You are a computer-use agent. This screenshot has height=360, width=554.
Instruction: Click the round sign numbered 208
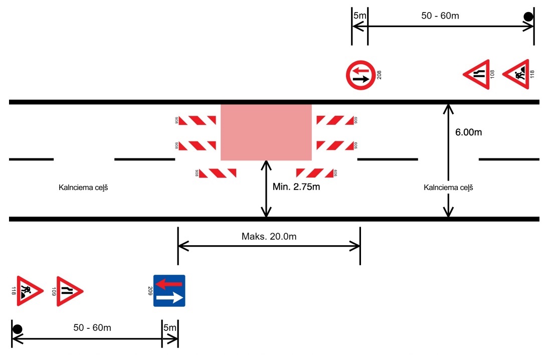tap(360, 75)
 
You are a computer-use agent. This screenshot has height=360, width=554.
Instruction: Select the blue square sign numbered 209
tap(169, 291)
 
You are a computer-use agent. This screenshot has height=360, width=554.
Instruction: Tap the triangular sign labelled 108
tap(476, 75)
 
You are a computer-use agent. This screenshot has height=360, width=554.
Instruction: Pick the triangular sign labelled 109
tap(69, 291)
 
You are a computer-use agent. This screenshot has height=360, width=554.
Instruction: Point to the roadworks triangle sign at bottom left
tap(29, 291)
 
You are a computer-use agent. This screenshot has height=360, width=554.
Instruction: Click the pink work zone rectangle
tap(266, 132)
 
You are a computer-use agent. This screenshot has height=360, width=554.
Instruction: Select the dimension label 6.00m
tap(469, 133)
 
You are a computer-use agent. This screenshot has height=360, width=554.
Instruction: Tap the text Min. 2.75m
tap(296, 187)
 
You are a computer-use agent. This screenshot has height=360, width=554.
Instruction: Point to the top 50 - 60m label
tap(440, 16)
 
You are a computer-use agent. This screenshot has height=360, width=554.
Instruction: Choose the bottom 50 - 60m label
tap(92, 328)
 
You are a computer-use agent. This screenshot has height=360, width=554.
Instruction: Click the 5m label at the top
tap(360, 16)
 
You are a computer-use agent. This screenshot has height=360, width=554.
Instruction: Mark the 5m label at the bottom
tap(170, 328)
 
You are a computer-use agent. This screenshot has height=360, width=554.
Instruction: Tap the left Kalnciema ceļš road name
tap(84, 188)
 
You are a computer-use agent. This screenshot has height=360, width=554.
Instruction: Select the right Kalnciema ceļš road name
tap(448, 188)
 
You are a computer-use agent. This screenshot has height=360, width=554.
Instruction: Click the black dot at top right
tap(528, 17)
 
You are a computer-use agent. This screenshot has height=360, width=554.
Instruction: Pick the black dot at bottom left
tap(17, 329)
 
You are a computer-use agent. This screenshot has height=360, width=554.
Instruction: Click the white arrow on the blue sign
tap(169, 298)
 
